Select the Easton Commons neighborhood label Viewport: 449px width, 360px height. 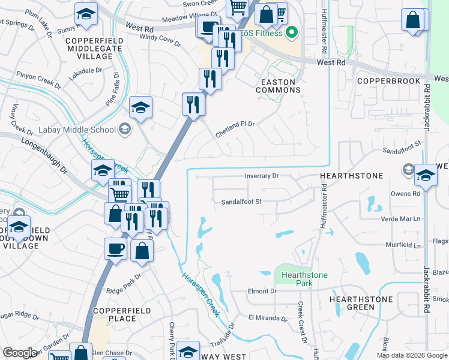[x=278, y=86]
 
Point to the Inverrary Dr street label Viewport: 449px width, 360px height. [x=262, y=176]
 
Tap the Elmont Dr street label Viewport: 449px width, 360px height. [x=262, y=291]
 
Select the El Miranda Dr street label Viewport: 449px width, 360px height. [x=268, y=317]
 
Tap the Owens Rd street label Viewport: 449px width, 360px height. [x=405, y=194]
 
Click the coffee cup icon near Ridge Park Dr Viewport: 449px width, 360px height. [x=115, y=248]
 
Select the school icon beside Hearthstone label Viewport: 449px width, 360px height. [x=426, y=175]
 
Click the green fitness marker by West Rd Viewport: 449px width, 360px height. [x=292, y=32]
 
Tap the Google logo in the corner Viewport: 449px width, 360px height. [x=20, y=353]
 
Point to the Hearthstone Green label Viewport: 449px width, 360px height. [x=361, y=303]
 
